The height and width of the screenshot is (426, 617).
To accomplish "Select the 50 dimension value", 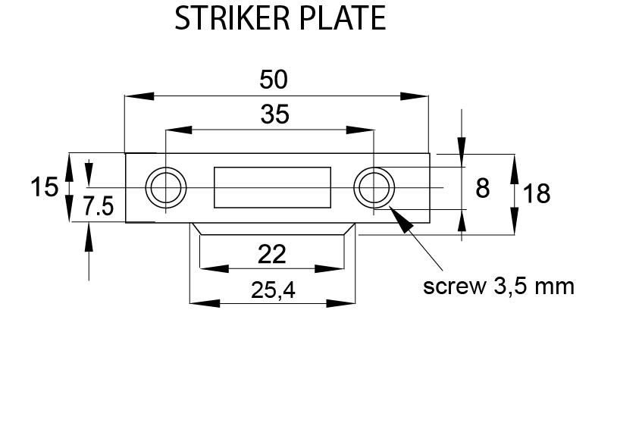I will point(274,79).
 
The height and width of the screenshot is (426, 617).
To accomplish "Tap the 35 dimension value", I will point(274,114).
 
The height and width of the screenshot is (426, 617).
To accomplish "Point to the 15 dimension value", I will point(45,186).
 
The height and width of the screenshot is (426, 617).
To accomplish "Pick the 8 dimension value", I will point(482,188).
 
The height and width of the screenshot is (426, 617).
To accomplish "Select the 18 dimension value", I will point(536,194).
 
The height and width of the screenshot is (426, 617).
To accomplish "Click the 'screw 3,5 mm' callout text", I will point(498,287).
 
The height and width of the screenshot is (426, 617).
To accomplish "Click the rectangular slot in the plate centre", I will point(272,187).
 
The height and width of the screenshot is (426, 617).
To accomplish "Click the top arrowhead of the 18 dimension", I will point(515,166).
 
